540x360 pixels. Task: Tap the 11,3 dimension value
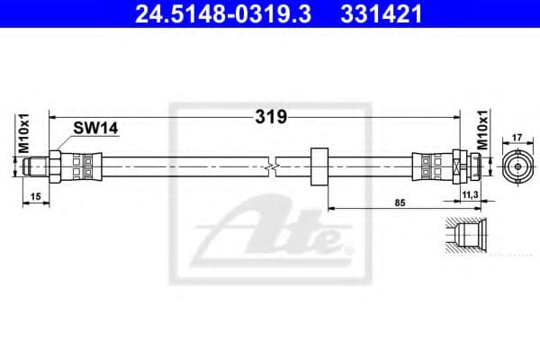469,194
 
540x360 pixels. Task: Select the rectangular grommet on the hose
319,166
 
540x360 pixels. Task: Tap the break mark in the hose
273,166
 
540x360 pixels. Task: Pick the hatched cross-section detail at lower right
465,236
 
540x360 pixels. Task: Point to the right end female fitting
469,166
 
